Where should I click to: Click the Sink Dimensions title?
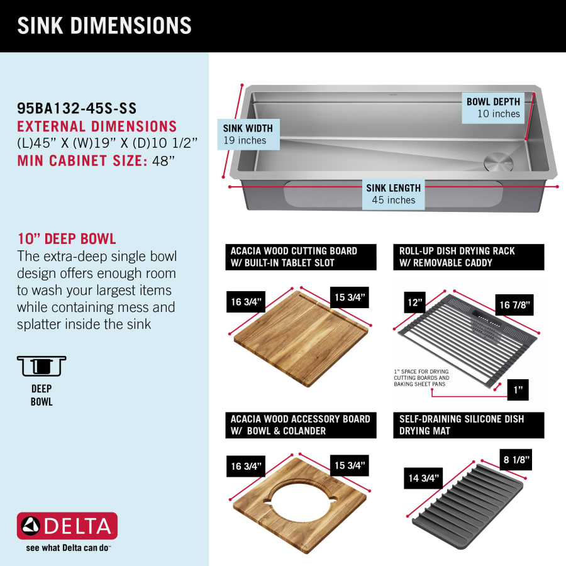click(104, 26)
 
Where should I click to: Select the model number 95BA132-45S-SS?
click(77, 108)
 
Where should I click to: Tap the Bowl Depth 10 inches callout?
click(493, 108)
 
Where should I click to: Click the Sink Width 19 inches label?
click(248, 135)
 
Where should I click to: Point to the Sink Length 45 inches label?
click(394, 194)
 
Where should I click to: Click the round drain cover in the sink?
click(499, 162)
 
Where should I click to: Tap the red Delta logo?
click(67, 526)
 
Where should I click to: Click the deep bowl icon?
click(42, 366)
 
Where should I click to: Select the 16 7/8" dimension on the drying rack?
click(514, 305)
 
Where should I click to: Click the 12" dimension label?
click(415, 302)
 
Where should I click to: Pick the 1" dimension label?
click(518, 390)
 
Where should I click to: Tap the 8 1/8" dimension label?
click(516, 460)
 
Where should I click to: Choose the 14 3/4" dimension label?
click(423, 479)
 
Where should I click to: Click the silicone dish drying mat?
click(468, 507)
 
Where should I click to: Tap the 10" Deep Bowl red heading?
click(67, 239)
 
